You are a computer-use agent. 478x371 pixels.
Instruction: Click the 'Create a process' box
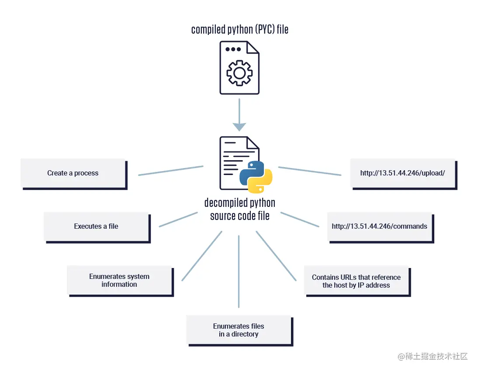click(73, 173)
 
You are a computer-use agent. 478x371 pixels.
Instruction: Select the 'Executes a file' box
click(96, 226)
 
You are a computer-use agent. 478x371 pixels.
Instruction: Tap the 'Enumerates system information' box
click(119, 280)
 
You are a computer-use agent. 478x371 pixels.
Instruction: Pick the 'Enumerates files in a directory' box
click(239, 330)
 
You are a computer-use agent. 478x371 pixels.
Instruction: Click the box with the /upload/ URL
click(402, 173)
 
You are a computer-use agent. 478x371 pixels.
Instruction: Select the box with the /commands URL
click(379, 226)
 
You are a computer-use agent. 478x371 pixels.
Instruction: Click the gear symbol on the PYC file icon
click(239, 73)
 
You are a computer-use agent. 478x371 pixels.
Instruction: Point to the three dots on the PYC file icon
click(233, 49)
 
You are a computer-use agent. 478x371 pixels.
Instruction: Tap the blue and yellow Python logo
click(256, 177)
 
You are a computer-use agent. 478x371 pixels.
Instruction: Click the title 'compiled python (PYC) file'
click(239, 30)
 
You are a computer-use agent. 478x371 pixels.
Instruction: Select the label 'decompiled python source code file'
click(239, 209)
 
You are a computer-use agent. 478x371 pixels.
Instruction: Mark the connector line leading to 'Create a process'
click(171, 171)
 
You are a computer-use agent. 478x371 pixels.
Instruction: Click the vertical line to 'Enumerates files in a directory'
click(239, 271)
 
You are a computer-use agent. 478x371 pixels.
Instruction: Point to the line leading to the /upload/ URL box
click(309, 171)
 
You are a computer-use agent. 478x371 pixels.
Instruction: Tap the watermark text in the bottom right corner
click(433, 357)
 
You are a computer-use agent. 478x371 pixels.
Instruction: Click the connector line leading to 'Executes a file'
click(178, 220)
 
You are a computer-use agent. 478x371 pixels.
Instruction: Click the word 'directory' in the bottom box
click(244, 334)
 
